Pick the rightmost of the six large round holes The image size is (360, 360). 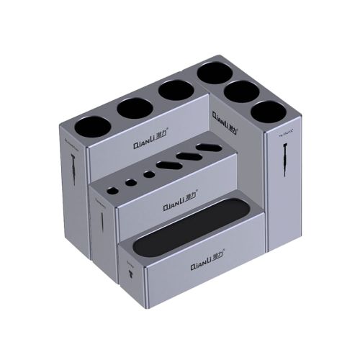point(268,113)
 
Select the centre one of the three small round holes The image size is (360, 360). point(130,181)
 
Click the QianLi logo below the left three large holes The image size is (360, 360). point(150,144)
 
